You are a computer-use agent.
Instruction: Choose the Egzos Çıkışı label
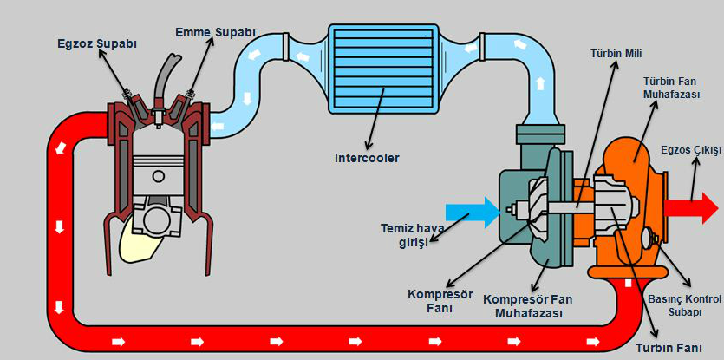(690, 150)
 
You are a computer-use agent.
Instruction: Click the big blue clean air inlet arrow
(472, 210)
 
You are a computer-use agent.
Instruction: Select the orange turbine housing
(632, 156)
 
